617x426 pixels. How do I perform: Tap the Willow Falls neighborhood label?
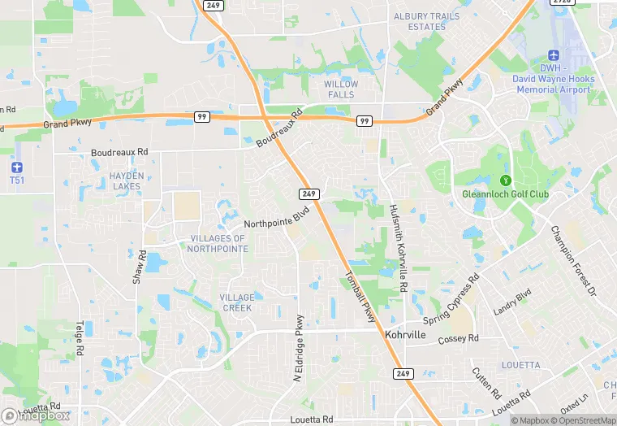[x=340, y=89]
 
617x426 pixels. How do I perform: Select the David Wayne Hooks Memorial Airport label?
[x=553, y=79]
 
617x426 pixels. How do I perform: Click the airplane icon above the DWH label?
[x=554, y=54]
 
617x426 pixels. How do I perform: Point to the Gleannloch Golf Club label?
[x=505, y=194]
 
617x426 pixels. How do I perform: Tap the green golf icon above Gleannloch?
[x=505, y=180]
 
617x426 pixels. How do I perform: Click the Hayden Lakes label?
[x=126, y=180]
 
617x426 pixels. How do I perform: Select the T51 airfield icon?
[x=16, y=166]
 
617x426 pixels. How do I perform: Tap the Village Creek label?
[x=236, y=302]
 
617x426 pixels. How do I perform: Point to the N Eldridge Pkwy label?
[x=299, y=348]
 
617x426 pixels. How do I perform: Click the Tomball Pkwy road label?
[x=362, y=296]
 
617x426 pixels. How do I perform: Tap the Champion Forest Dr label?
[x=573, y=260]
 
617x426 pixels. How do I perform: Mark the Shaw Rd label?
[x=139, y=267]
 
